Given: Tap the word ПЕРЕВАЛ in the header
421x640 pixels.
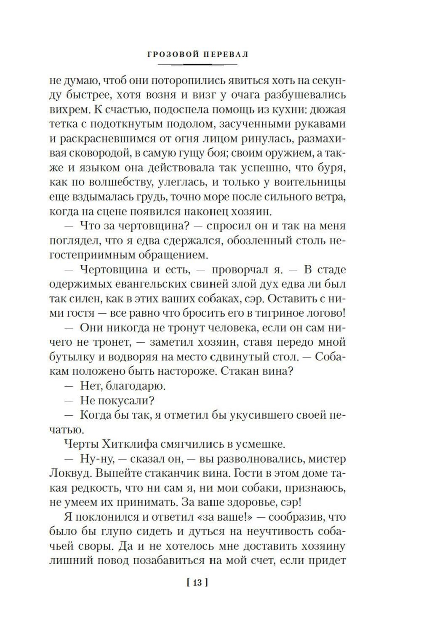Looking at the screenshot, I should tap(225, 54).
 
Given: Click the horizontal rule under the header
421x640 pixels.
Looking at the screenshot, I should tap(197, 64).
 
